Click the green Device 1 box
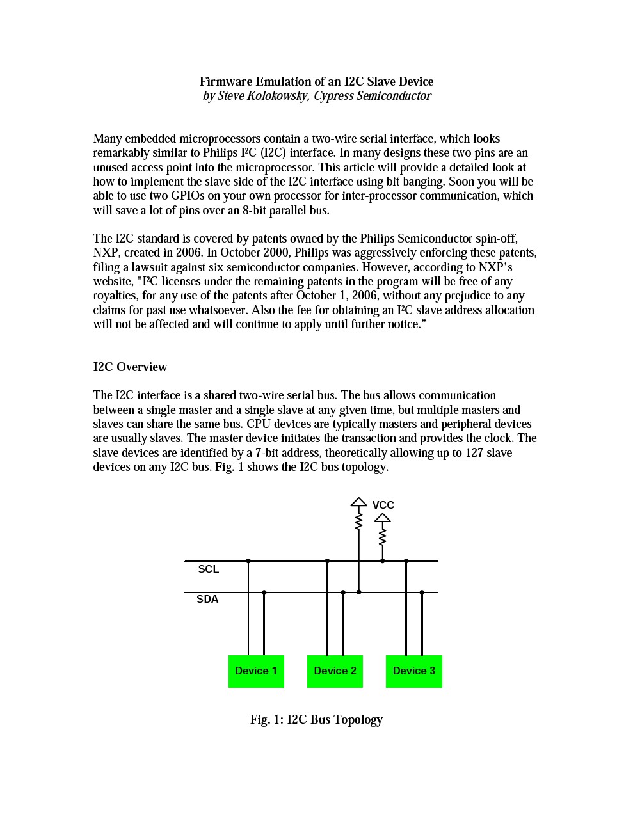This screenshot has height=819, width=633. pos(256,671)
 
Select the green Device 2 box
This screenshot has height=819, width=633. pos(335,671)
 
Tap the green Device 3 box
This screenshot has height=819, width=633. pos(413,671)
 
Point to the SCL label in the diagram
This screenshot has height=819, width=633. pos(209,569)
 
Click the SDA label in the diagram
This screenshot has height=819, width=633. pos(207,600)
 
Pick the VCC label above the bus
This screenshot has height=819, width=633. pos(383,505)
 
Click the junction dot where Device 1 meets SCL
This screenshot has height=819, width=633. pos(248,561)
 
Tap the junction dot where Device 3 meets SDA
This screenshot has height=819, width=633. pos(422,592)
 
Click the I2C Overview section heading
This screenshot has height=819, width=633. pos(130,367)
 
